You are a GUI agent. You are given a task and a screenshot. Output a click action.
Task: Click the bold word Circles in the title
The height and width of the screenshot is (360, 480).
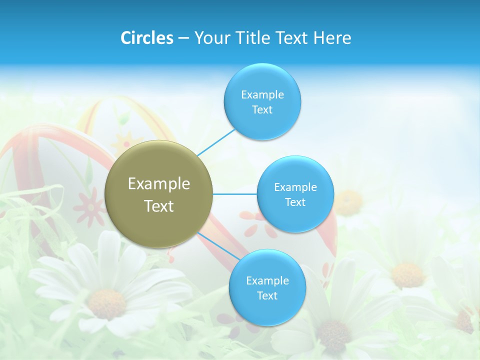pos(146,38)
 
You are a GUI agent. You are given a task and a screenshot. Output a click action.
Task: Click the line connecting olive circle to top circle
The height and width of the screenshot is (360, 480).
pos(216,142)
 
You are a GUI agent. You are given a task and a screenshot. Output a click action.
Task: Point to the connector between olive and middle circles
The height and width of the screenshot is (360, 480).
pos(234,194)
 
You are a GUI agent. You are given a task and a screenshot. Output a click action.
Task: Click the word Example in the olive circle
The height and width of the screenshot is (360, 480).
pos(158,184)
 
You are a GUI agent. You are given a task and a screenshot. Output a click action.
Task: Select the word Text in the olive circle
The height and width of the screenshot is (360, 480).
pos(158,206)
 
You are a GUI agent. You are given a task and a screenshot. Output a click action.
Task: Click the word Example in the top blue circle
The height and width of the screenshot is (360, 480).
pos(262,95)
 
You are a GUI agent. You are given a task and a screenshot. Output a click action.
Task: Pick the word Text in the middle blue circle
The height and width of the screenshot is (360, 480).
pos(295,202)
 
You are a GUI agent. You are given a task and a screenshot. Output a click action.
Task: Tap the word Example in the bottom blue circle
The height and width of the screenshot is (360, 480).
pos(267,281)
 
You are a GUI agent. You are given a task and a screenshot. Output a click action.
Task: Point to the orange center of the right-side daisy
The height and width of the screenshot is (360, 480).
pos(407,275)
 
